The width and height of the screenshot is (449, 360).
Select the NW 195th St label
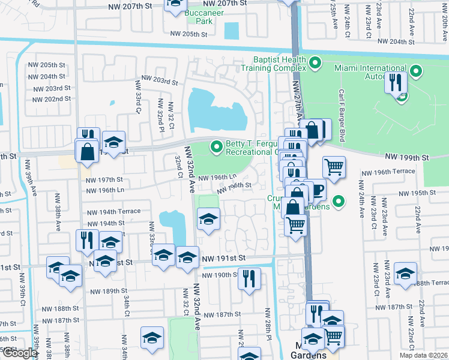[415, 193]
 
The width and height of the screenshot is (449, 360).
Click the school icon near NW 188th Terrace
[406, 273]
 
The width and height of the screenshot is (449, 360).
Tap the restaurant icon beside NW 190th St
[249, 278]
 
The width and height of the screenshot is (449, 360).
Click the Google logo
[19, 353]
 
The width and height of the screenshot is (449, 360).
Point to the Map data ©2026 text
[423, 355]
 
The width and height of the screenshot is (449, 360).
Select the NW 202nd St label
[50, 99]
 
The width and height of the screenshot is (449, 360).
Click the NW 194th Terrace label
[113, 212]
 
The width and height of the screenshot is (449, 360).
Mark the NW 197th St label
[104, 179]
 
